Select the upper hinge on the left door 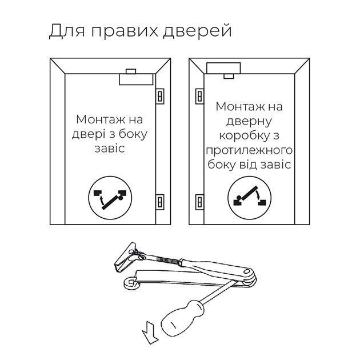point(160,95)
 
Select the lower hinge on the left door point(160,202)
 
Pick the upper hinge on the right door point(199,95)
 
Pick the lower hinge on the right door point(199,202)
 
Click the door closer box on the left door point(136,79)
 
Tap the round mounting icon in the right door point(247,197)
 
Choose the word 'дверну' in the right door point(249,121)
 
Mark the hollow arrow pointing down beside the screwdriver point(150,333)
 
